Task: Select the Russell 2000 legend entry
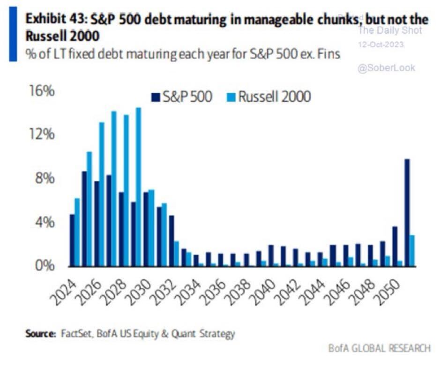coord(269,97)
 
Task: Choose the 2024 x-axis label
coord(66,286)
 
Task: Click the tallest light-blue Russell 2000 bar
coord(138,187)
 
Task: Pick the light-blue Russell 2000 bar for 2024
coord(77,232)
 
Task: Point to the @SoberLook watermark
coord(386,68)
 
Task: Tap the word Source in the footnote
coord(39,334)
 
